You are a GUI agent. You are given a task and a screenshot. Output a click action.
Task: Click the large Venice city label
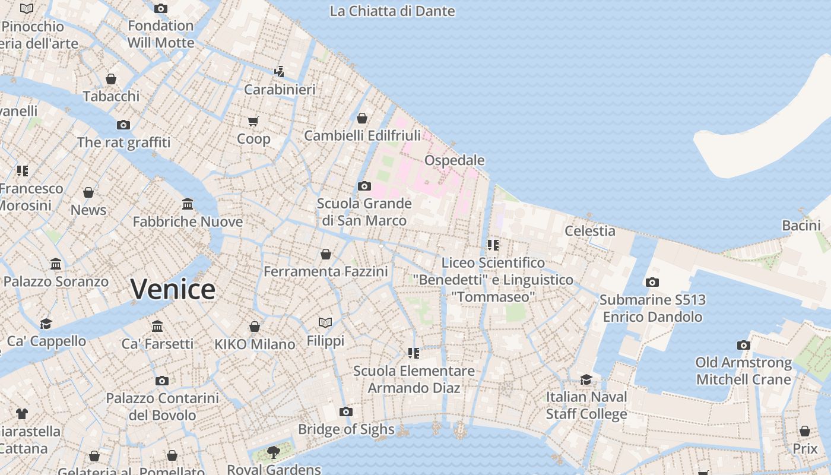(173, 290)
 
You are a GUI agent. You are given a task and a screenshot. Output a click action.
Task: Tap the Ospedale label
(454, 160)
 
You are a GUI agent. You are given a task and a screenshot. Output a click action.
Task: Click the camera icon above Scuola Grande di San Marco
(364, 186)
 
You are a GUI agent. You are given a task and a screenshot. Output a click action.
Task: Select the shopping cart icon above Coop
(253, 122)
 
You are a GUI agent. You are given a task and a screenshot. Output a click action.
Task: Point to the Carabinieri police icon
(279, 72)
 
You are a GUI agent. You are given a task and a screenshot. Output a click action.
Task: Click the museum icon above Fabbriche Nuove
(188, 204)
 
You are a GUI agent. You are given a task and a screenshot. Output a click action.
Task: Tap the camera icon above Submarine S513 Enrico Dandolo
(652, 283)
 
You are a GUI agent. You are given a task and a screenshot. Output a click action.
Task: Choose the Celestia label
(589, 230)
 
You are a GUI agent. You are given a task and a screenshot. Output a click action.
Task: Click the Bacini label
(801, 225)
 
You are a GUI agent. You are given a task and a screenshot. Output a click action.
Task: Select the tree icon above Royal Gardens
(274, 452)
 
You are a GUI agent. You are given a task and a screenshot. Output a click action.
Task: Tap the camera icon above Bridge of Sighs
(346, 411)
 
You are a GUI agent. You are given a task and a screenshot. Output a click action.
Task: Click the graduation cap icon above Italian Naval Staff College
(586, 379)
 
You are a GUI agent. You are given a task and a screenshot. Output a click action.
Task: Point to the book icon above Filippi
(325, 323)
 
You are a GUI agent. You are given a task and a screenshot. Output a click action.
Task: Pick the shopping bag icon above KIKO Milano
(255, 327)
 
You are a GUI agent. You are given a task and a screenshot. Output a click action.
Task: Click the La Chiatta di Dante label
(392, 11)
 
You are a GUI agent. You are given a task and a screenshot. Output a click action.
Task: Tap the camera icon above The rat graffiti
(123, 125)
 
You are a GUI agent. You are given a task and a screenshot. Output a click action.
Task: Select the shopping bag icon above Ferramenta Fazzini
(326, 254)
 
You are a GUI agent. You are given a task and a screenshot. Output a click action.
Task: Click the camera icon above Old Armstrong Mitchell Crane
(743, 345)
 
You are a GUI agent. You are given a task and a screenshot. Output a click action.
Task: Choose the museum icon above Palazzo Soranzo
(56, 264)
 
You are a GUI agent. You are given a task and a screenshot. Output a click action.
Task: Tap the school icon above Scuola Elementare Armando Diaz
(414, 353)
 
